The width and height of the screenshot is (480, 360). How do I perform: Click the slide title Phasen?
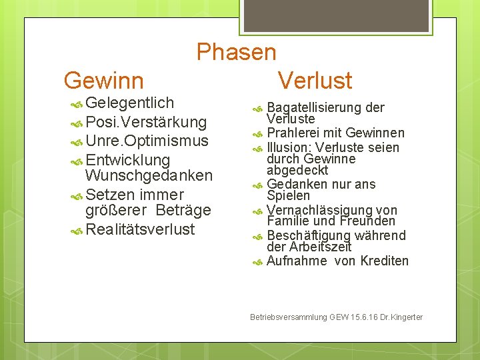click(x=236, y=52)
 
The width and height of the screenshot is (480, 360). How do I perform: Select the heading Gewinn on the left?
click(x=103, y=81)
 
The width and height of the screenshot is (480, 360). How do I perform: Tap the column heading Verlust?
click(x=315, y=81)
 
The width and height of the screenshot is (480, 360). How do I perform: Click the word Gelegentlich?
click(x=129, y=103)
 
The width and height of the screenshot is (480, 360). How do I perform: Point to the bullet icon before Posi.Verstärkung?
click(x=77, y=123)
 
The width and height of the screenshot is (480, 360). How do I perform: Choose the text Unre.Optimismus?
click(x=147, y=141)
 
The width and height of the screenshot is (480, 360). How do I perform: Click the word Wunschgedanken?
click(x=149, y=176)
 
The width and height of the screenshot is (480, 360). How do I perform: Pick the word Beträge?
click(x=183, y=211)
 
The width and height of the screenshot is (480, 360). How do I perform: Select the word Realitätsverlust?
click(x=140, y=230)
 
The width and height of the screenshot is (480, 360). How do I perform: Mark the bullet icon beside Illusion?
click(x=259, y=148)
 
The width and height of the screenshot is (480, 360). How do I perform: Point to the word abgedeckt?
click(x=297, y=170)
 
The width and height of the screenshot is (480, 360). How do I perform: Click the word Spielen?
click(x=288, y=196)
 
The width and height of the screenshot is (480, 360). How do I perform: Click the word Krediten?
click(x=384, y=261)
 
